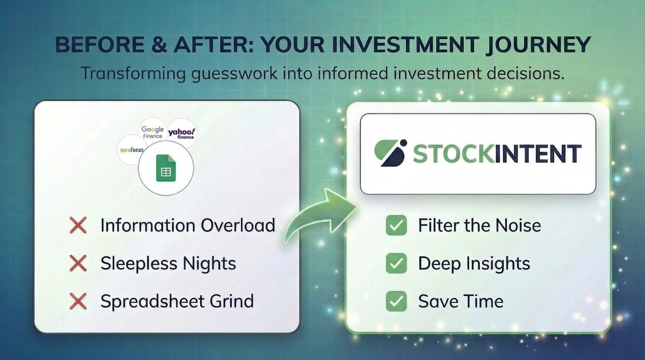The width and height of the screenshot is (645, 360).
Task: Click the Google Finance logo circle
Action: point(152,132)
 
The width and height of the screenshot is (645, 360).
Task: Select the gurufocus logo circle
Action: point(132,150)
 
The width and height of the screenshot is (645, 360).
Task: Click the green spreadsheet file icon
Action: point(166,168)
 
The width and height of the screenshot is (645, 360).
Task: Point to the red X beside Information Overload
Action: point(78,225)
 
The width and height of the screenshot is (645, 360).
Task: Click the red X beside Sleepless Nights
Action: point(78,263)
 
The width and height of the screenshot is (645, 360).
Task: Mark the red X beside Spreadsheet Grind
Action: point(78,301)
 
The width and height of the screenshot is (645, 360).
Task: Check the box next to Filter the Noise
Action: point(396,225)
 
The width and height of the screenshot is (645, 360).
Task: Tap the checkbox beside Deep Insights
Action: point(396,264)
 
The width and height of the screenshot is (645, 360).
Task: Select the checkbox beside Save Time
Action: point(396,301)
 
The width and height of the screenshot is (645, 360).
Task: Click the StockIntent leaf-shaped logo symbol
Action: point(390,153)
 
